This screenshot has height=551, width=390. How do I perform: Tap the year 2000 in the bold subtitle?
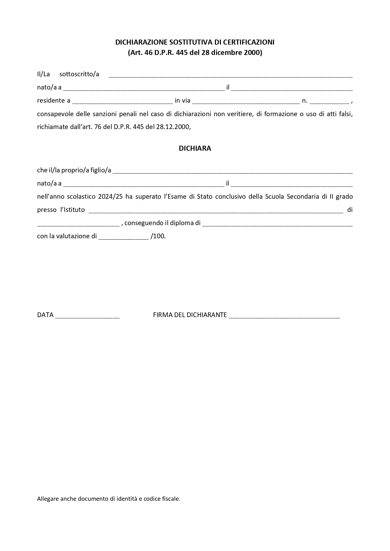point(252,52)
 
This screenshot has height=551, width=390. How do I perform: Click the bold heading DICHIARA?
point(195,149)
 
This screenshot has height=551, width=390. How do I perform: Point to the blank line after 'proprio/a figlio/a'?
point(233,171)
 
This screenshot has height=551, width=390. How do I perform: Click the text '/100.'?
point(158,236)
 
